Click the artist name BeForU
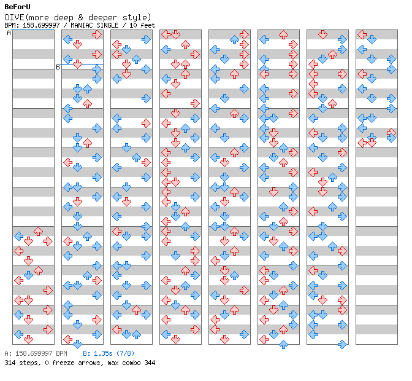17,7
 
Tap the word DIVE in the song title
15,17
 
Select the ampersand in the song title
80,17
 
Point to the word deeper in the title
102,18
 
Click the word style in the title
134,18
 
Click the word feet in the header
148,25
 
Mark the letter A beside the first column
9,33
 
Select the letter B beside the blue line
58,67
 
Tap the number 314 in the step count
10,363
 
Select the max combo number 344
150,363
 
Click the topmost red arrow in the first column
39,231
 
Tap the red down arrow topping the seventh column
322,34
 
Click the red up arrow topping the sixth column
283,34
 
